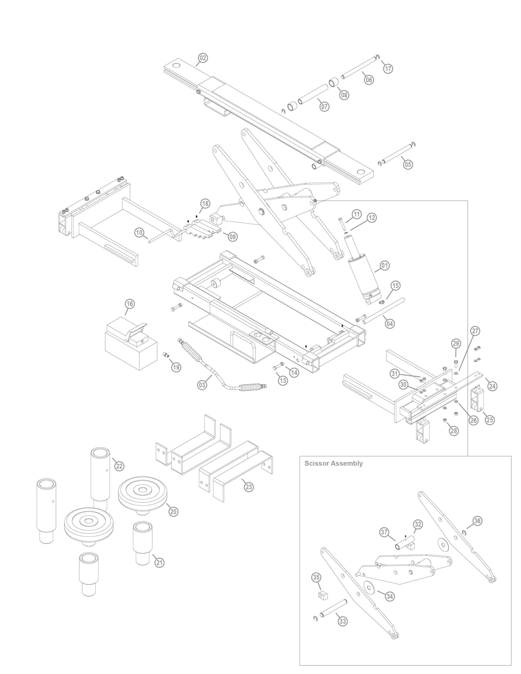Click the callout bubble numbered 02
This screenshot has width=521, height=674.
[203, 58]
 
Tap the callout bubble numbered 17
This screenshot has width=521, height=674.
[388, 68]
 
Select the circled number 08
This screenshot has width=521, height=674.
[344, 95]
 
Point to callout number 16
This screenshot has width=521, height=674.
[130, 304]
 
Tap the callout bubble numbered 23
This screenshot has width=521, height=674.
[249, 487]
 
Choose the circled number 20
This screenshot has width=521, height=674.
[174, 511]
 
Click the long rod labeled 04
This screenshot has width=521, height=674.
[383, 311]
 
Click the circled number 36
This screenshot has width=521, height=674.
[478, 521]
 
